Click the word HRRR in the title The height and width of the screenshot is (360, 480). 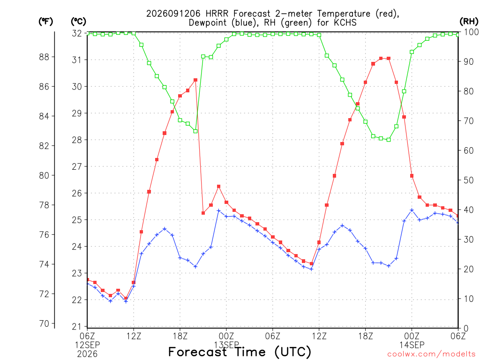(217, 14)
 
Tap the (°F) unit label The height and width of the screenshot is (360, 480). (45, 22)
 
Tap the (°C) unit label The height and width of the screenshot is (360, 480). (78, 22)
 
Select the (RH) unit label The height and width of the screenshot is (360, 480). (469, 21)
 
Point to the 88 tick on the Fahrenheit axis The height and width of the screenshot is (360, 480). (44, 57)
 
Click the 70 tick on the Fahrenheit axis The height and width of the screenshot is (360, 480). (44, 323)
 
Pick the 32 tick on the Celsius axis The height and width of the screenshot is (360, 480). (77, 33)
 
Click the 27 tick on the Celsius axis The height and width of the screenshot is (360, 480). (77, 166)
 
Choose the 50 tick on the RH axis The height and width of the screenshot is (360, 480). (468, 180)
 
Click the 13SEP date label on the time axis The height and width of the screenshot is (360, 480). (226, 345)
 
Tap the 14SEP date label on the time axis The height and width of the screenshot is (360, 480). (412, 345)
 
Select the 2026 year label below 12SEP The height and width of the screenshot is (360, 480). (87, 354)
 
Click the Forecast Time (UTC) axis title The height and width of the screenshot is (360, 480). (240, 352)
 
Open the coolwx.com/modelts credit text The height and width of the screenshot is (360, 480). (431, 354)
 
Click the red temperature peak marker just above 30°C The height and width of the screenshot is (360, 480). (195, 80)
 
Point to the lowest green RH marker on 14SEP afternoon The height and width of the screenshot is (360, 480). (389, 140)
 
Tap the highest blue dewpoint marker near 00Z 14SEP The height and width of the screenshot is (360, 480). (412, 210)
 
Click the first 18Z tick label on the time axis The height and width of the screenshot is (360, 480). (180, 336)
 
